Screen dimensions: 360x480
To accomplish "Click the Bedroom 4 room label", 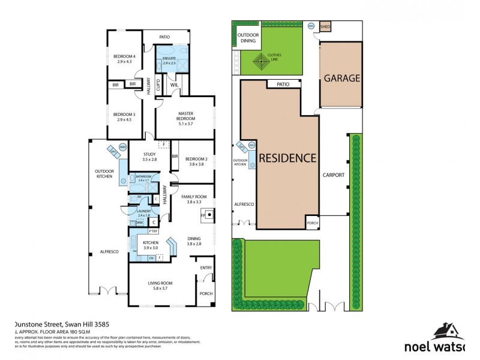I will [x=125, y=59].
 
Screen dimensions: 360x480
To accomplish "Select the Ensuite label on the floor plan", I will [x=169, y=60].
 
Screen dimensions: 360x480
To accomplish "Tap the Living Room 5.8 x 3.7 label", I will [x=160, y=286].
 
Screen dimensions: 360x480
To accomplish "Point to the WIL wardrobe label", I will [x=175, y=85].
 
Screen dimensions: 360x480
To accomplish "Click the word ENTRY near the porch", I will [x=206, y=268].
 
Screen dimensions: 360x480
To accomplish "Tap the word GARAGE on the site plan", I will [x=341, y=78].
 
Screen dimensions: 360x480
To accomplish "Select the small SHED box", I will [x=325, y=27].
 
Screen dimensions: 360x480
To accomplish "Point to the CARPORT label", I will [x=333, y=175].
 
